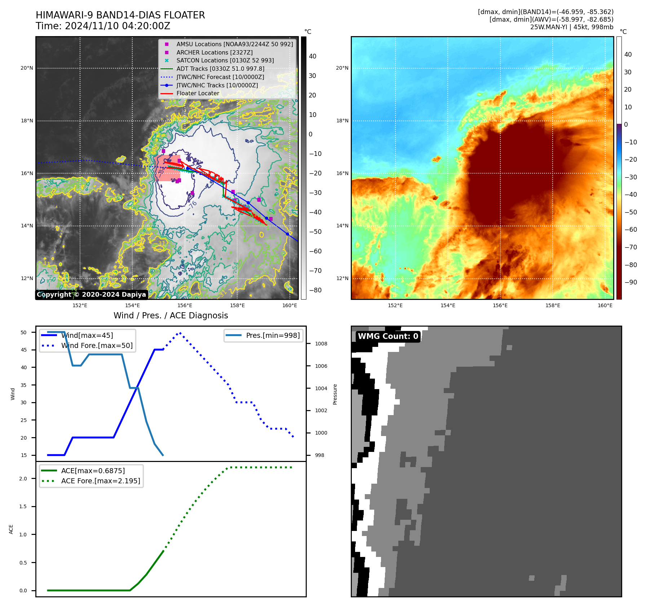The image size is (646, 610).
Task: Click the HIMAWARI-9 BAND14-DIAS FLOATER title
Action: (120, 15)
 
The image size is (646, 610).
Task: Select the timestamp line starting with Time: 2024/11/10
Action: (103, 26)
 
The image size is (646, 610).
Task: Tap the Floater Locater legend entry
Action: (198, 93)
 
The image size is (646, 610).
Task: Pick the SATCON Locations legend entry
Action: (225, 60)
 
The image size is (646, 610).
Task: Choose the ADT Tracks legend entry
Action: (220, 69)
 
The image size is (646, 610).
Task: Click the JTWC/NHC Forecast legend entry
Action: (220, 77)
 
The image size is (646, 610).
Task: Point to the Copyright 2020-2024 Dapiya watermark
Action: (92, 295)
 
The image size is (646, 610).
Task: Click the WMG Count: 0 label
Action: (388, 336)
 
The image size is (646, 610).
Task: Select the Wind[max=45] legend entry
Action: (87, 335)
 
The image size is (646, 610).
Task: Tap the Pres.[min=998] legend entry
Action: (273, 335)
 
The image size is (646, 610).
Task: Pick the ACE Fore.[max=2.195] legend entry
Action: (101, 481)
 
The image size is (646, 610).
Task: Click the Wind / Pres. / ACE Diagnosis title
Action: (171, 315)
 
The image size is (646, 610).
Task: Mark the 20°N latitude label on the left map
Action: (27, 68)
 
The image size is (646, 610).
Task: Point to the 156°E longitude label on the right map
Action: (500, 305)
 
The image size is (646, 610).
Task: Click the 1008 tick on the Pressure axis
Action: (321, 344)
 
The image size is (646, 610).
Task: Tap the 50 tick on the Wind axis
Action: (24, 332)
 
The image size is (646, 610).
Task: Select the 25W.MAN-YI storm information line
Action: (571, 27)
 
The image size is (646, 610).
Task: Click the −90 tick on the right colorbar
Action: (630, 282)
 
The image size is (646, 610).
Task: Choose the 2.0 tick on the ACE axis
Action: (23, 479)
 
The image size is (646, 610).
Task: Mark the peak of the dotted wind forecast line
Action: (180, 333)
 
